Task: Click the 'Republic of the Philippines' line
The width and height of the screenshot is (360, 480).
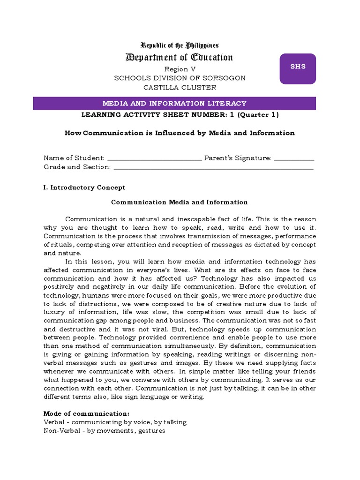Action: click(x=180, y=45)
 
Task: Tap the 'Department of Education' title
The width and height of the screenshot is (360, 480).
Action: click(x=180, y=58)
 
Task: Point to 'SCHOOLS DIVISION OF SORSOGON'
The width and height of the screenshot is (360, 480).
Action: click(x=180, y=78)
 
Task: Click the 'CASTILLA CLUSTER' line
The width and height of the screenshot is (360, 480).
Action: click(x=180, y=87)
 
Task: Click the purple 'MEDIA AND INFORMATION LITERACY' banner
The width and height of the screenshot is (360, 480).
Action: click(x=174, y=104)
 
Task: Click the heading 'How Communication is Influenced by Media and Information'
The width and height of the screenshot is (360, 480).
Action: click(x=180, y=133)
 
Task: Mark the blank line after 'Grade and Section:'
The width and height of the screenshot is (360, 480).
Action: click(x=213, y=167)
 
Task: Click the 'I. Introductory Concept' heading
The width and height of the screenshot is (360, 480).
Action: click(x=84, y=187)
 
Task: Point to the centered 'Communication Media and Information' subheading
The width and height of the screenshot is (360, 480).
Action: click(x=179, y=202)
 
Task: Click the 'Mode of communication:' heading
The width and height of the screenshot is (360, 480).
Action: click(x=86, y=413)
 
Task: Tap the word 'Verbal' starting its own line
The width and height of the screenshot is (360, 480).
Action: click(x=53, y=422)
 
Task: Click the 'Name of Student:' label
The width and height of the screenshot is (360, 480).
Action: click(x=74, y=158)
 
